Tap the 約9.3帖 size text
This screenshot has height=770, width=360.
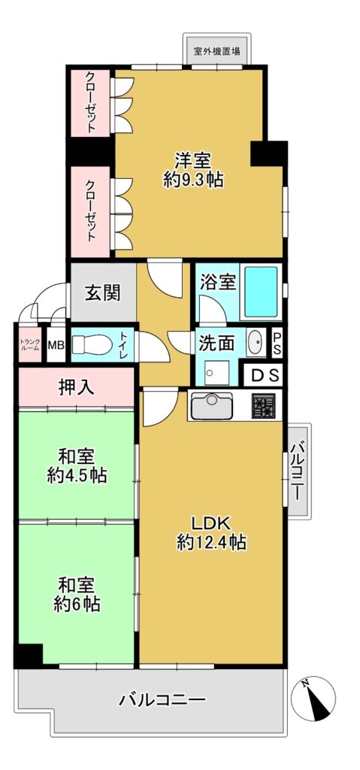(x=193, y=180)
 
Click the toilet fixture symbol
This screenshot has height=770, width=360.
(x=92, y=344)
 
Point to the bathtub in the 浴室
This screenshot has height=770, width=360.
(x=260, y=293)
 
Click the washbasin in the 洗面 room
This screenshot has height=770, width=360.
(x=255, y=343)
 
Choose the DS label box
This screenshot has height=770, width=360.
(x=264, y=376)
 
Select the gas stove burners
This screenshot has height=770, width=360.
(x=264, y=406)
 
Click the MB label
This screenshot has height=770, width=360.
(x=56, y=344)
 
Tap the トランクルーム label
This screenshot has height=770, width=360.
(x=29, y=344)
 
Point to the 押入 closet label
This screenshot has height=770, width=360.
(x=76, y=388)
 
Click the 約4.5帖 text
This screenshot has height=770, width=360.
(x=77, y=475)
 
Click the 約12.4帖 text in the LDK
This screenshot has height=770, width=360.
(x=211, y=543)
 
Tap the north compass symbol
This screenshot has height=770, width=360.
(x=313, y=699)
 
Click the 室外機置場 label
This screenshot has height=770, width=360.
(x=217, y=50)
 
